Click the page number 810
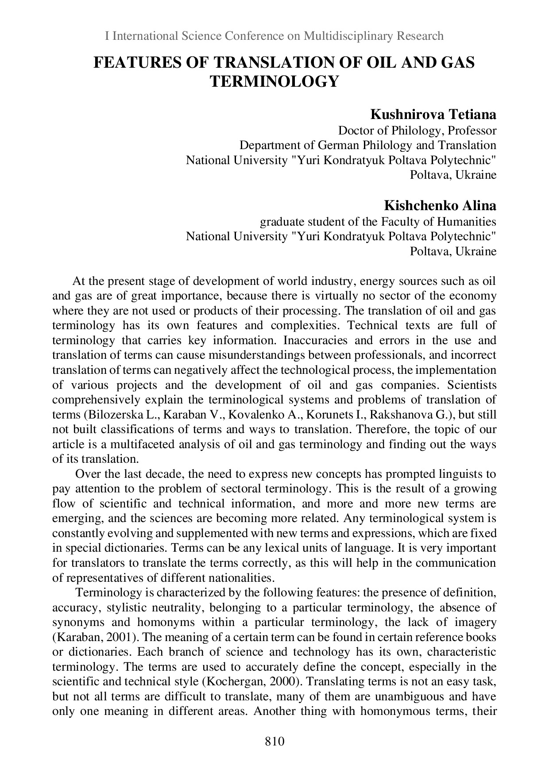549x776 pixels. pyautogui.click(x=274, y=741)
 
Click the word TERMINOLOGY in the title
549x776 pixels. pyautogui.click(x=274, y=81)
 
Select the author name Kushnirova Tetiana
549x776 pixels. pyautogui.click(x=433, y=115)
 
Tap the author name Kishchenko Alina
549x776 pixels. pyautogui.click(x=440, y=206)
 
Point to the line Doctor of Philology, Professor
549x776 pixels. pyautogui.click(x=417, y=131)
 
